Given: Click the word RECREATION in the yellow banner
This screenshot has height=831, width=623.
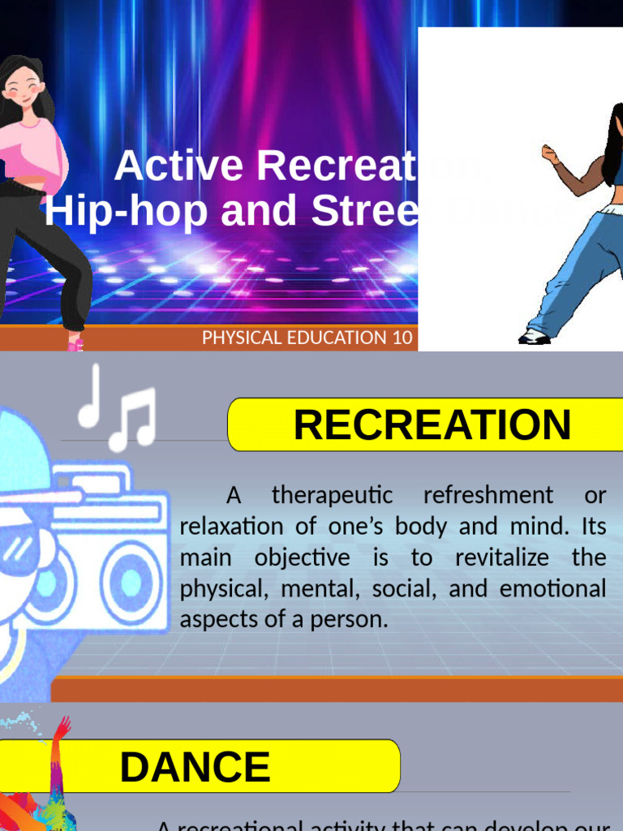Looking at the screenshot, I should (432, 425).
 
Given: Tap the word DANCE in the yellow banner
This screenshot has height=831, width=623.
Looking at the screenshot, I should (195, 768).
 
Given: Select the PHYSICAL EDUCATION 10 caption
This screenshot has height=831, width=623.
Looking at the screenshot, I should (307, 338).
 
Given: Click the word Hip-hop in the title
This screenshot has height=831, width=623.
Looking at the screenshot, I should (90, 211).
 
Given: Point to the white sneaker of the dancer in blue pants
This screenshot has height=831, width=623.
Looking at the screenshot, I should (534, 337).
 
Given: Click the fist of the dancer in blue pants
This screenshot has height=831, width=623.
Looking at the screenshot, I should (549, 154).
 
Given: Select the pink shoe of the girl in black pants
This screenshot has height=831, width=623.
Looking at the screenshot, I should (75, 344).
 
